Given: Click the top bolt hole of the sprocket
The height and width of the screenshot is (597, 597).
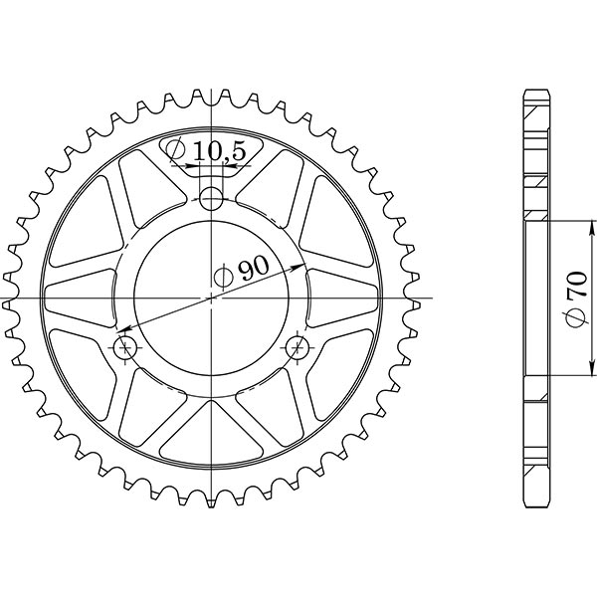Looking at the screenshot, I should [211, 199].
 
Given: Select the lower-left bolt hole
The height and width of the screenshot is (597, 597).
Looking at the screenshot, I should [126, 347].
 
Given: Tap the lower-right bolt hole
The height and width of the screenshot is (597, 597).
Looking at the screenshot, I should [297, 347].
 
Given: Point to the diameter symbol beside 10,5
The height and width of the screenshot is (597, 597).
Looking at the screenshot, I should [176, 151].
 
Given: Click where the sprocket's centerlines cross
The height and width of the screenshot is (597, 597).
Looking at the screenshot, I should [211, 298].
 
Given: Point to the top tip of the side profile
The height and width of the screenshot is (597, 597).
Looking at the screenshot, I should [535, 93].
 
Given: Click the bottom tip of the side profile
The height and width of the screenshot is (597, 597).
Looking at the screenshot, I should [535, 504].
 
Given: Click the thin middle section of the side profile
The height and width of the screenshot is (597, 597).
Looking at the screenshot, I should [534, 298].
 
